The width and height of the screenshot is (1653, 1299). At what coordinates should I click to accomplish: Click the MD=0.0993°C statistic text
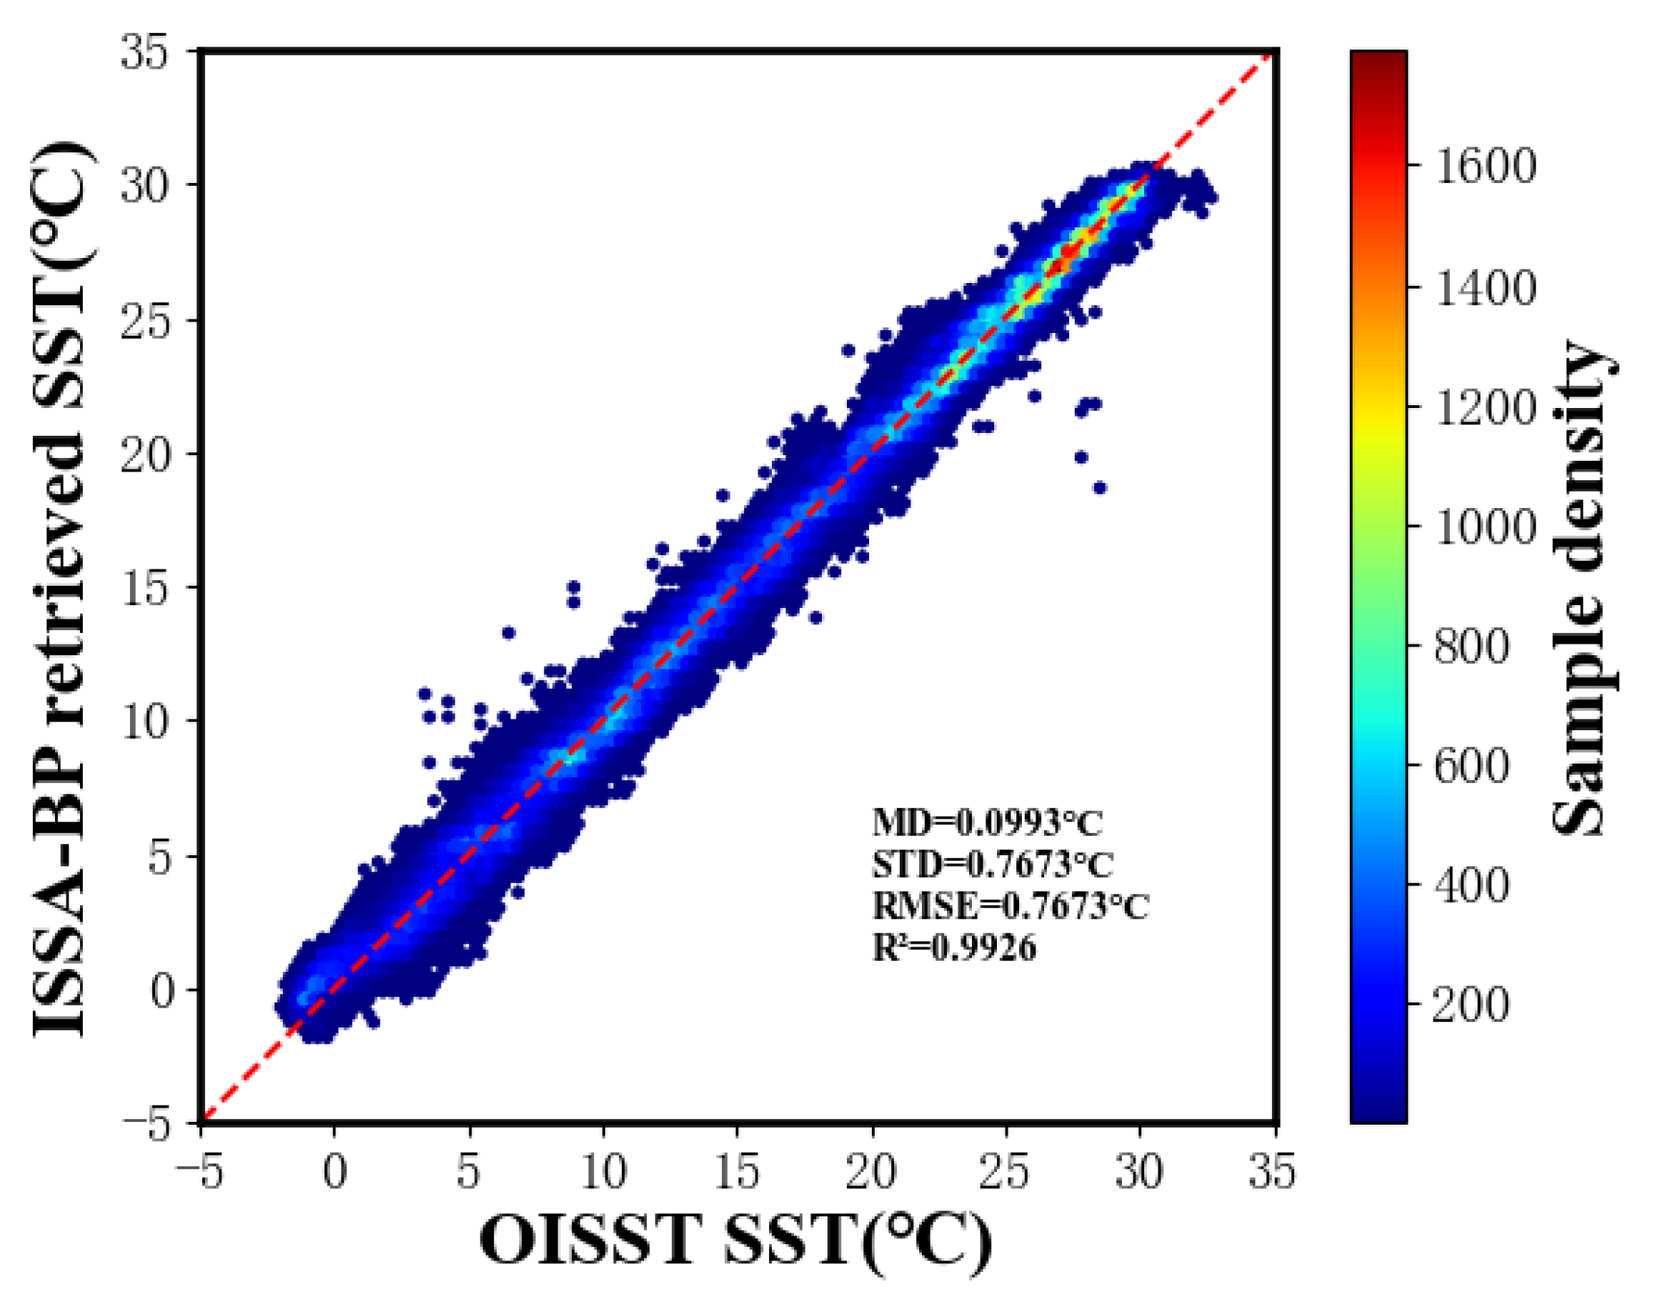point(987,823)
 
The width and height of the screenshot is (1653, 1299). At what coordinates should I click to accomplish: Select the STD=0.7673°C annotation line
point(992,865)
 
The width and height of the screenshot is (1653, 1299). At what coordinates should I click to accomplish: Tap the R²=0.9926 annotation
point(953,947)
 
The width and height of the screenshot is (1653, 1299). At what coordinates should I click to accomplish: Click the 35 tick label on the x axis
point(1272,1172)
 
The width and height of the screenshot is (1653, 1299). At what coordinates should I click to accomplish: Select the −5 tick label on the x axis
point(199,1172)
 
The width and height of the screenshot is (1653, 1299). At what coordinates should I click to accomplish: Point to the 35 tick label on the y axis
point(144,55)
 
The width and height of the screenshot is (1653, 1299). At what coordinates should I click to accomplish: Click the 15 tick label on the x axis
point(737,1172)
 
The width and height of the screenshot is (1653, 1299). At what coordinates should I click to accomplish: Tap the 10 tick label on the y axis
point(144,721)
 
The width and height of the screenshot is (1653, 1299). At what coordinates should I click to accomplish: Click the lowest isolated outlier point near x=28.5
point(1099,487)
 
